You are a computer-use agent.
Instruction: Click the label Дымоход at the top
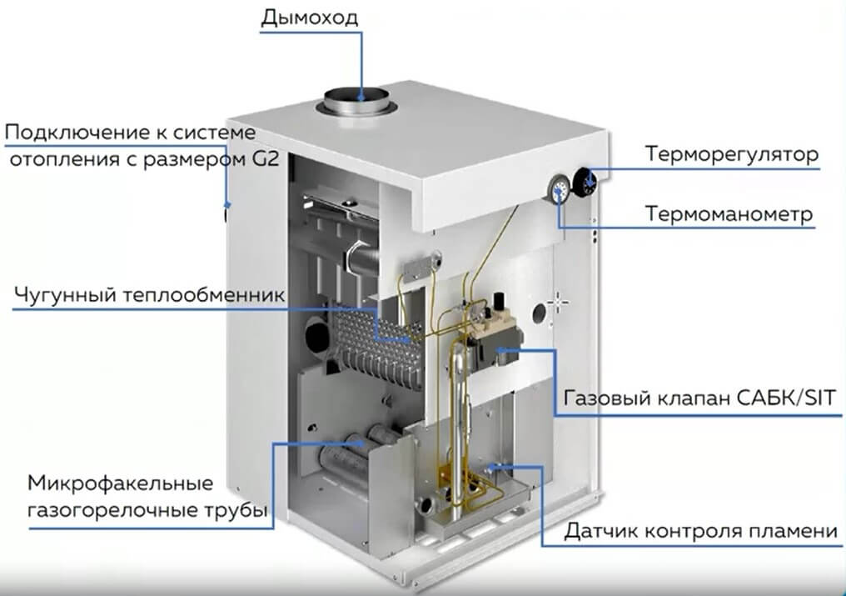coord(309,18)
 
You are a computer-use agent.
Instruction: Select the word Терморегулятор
coord(732,154)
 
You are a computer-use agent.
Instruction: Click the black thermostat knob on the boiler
coord(584,182)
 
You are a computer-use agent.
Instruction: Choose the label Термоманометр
coord(729,214)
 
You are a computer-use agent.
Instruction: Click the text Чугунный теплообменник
coord(149,295)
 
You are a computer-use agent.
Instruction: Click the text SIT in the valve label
coord(819,398)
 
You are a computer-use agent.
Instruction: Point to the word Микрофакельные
coord(120,483)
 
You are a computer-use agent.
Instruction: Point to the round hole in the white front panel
coord(540,313)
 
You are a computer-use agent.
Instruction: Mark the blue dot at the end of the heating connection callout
coord(227,205)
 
